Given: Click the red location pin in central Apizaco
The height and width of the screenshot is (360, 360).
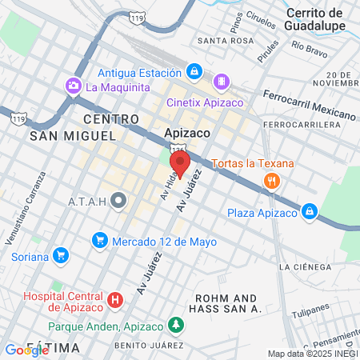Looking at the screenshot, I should click(x=180, y=162).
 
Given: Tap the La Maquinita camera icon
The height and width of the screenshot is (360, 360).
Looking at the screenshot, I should click(x=74, y=86).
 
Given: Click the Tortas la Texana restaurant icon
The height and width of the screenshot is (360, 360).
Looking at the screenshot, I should click(x=272, y=181).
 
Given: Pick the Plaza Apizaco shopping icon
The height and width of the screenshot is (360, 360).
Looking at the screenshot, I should click(x=309, y=212).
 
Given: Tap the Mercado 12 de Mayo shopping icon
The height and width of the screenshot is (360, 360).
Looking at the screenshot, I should click(x=100, y=239).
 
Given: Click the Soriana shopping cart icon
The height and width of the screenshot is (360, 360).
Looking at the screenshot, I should click(x=62, y=257).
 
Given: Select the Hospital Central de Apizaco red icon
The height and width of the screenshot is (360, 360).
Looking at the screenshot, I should click(x=115, y=301).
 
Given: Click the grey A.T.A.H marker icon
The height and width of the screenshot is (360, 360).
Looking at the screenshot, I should click(x=119, y=200).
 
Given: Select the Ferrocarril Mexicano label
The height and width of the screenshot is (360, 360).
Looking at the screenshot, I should click(x=308, y=105).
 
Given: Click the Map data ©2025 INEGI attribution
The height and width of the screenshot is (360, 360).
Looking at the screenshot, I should click(x=312, y=354).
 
